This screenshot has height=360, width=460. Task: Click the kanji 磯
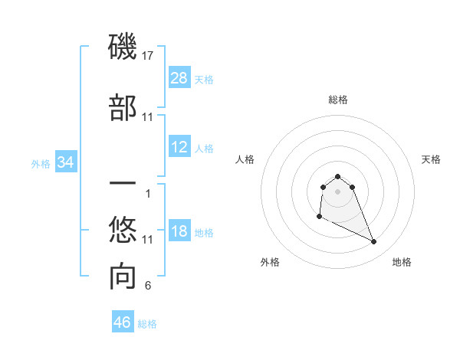pos(123,48)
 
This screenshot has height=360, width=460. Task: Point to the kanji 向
pos(123,277)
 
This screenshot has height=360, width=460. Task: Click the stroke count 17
pos(149,55)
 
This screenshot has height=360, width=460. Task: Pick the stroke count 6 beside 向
pos(148,286)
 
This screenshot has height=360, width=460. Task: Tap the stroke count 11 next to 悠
pos(148,240)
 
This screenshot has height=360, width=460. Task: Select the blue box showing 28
pos(179,77)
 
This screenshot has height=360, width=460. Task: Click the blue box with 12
pos(179,148)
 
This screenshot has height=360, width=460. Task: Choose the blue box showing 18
pos(179,232)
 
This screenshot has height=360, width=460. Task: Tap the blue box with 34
pos(66,162)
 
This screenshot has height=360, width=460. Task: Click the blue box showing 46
pos(123,322)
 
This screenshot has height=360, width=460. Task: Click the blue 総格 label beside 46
pos(147,324)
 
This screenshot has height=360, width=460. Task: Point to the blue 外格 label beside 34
pos(41,163)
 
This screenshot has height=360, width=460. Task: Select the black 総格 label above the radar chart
pos(337,100)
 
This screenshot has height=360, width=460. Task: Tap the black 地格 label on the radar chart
pos(402,263)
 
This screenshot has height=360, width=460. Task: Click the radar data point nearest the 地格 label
pos(374,242)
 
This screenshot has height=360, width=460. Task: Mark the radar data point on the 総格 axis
pos(337,176)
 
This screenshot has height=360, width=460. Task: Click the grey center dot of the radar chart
pos(337,191)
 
